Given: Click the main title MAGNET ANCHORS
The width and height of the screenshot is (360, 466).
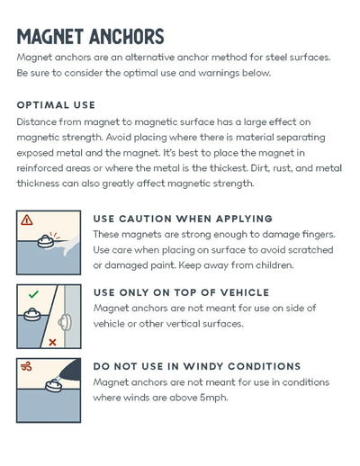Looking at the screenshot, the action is tap(90, 37).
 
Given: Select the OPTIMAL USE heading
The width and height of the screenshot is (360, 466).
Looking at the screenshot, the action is tap(56, 105).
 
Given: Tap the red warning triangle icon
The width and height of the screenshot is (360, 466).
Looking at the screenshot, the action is tap(27, 220).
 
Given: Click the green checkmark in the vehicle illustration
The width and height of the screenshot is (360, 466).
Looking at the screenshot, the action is tap(33, 294).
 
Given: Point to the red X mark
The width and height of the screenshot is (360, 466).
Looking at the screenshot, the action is tap(52, 342).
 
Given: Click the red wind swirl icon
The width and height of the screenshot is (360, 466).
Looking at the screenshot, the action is tap(26, 366).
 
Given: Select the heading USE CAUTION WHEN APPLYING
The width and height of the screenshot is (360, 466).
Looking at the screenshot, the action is tap(183, 219).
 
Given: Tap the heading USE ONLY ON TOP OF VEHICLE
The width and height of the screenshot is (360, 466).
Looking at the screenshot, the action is tap(181, 292).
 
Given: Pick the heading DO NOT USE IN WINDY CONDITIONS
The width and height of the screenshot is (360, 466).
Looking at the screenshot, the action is tap(197, 366).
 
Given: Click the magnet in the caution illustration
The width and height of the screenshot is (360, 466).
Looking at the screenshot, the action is tap(46, 241).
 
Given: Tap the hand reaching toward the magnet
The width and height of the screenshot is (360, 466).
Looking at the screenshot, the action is tap(68, 245).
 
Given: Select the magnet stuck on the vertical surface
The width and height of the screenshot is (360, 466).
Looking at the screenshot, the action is tap(65, 323).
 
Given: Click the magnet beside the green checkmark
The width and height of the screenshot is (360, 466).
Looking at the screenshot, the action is tap(32, 315).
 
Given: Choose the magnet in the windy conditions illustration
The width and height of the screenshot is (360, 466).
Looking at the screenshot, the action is tap(54, 386).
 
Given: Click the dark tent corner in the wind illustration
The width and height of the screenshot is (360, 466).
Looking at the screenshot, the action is tap(70, 370).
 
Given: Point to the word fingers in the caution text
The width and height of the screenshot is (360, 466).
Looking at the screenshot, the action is tap(319, 235).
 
